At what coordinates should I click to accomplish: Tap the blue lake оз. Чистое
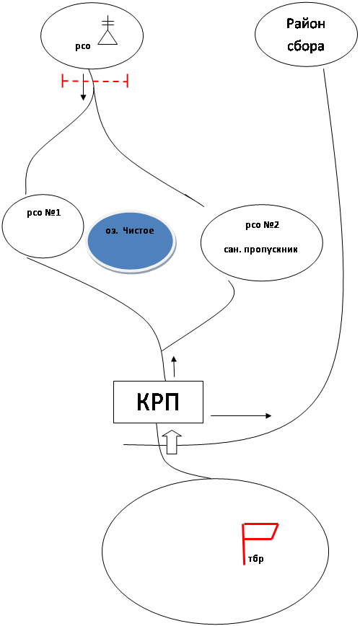coord(131,243)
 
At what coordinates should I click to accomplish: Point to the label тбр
coord(255,558)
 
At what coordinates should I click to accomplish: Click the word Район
coord(306,24)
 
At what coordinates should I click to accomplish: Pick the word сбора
coord(306,46)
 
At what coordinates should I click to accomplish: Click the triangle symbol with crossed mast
coord(107,30)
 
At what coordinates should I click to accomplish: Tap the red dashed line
coord(95,81)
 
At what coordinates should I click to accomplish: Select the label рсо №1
coord(43,213)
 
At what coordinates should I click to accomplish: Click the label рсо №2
coord(262,225)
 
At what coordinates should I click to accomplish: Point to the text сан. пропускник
coord(260,250)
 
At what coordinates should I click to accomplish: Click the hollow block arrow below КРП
coord(173,442)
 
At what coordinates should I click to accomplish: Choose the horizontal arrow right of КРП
coord(241,415)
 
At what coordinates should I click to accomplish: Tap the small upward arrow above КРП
coord(174,366)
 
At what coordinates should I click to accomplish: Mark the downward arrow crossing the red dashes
coord(83,87)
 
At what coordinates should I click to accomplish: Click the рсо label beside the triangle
coord(83,46)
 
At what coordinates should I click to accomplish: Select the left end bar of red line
coord(62,81)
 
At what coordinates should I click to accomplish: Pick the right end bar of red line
coord(127,81)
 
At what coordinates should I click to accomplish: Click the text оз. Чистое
coord(130,231)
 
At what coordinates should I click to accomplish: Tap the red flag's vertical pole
coord(243,544)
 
